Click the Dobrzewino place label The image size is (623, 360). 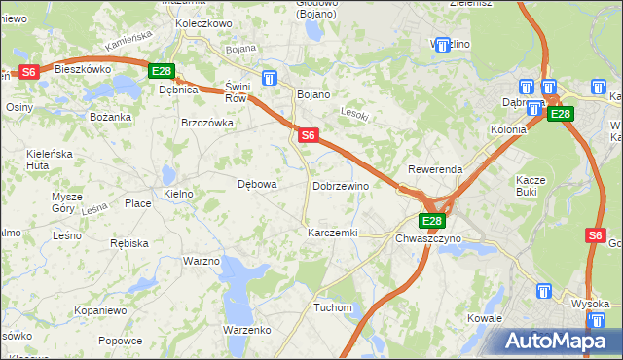coord(340,185)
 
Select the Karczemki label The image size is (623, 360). coord(333,234)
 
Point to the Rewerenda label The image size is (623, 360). coord(435,169)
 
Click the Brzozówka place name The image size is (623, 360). coord(207,123)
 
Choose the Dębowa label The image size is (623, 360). coord(258,183)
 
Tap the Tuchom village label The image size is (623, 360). coord(332,307)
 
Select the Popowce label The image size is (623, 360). coord(120,341)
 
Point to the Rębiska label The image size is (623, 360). coord(128,242)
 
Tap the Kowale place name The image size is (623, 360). coord(484,318)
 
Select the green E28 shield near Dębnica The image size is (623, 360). coord(162,71)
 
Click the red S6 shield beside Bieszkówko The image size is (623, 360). coord(28,71)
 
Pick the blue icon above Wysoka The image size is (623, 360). coord(543,290)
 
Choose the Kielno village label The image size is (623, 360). coord(179,195)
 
